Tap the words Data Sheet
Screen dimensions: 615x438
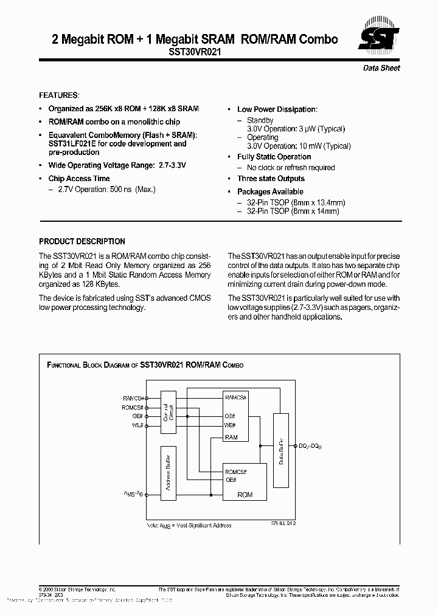(381, 68)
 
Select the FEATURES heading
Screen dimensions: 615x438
(59, 95)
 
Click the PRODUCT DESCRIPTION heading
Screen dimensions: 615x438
(82, 241)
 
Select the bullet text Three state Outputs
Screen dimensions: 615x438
(271, 179)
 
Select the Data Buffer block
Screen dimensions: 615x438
(280, 450)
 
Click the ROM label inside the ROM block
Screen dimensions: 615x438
(245, 495)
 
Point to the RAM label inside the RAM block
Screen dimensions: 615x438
(232, 438)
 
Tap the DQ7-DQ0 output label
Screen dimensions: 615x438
(310, 446)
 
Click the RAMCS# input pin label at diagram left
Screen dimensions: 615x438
(133, 398)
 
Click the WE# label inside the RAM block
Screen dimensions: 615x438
(230, 425)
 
